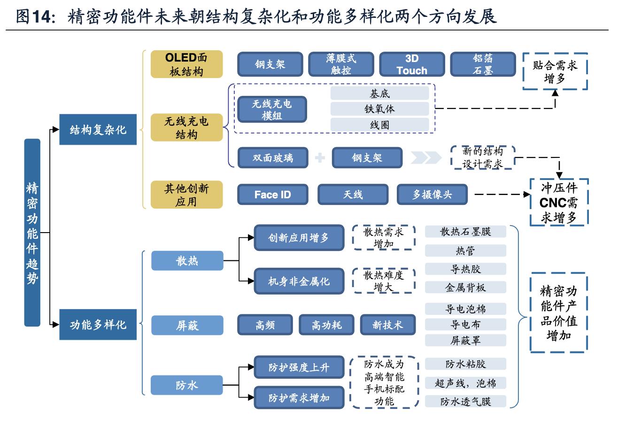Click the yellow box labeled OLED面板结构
186,64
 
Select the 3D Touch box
411,64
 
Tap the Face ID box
273,195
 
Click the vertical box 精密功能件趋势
32,233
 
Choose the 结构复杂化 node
98,130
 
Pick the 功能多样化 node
98,325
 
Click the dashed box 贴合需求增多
555,71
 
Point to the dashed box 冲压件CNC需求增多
558,202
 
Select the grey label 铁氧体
379,109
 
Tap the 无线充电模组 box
272,109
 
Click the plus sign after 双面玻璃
320,158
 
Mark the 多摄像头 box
432,195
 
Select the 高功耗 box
327,325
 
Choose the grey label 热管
465,251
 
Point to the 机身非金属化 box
299,281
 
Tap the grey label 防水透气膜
465,401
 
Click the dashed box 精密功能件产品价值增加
558,312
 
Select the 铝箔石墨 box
482,64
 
